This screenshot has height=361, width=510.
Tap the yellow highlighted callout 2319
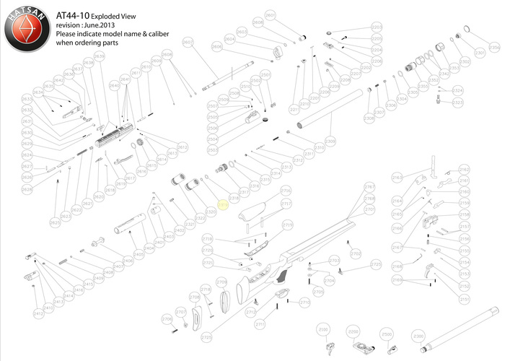click(223, 206)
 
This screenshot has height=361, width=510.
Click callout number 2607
click(188, 43)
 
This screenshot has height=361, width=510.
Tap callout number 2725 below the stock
click(207, 338)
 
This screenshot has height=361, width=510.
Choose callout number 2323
click(457, 103)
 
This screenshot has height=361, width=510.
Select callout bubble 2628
click(27, 188)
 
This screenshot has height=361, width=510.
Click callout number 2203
click(377, 27)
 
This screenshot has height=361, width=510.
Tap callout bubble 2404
click(149, 248)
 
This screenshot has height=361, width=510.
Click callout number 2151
click(465, 298)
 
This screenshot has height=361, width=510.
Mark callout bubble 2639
click(89, 64)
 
